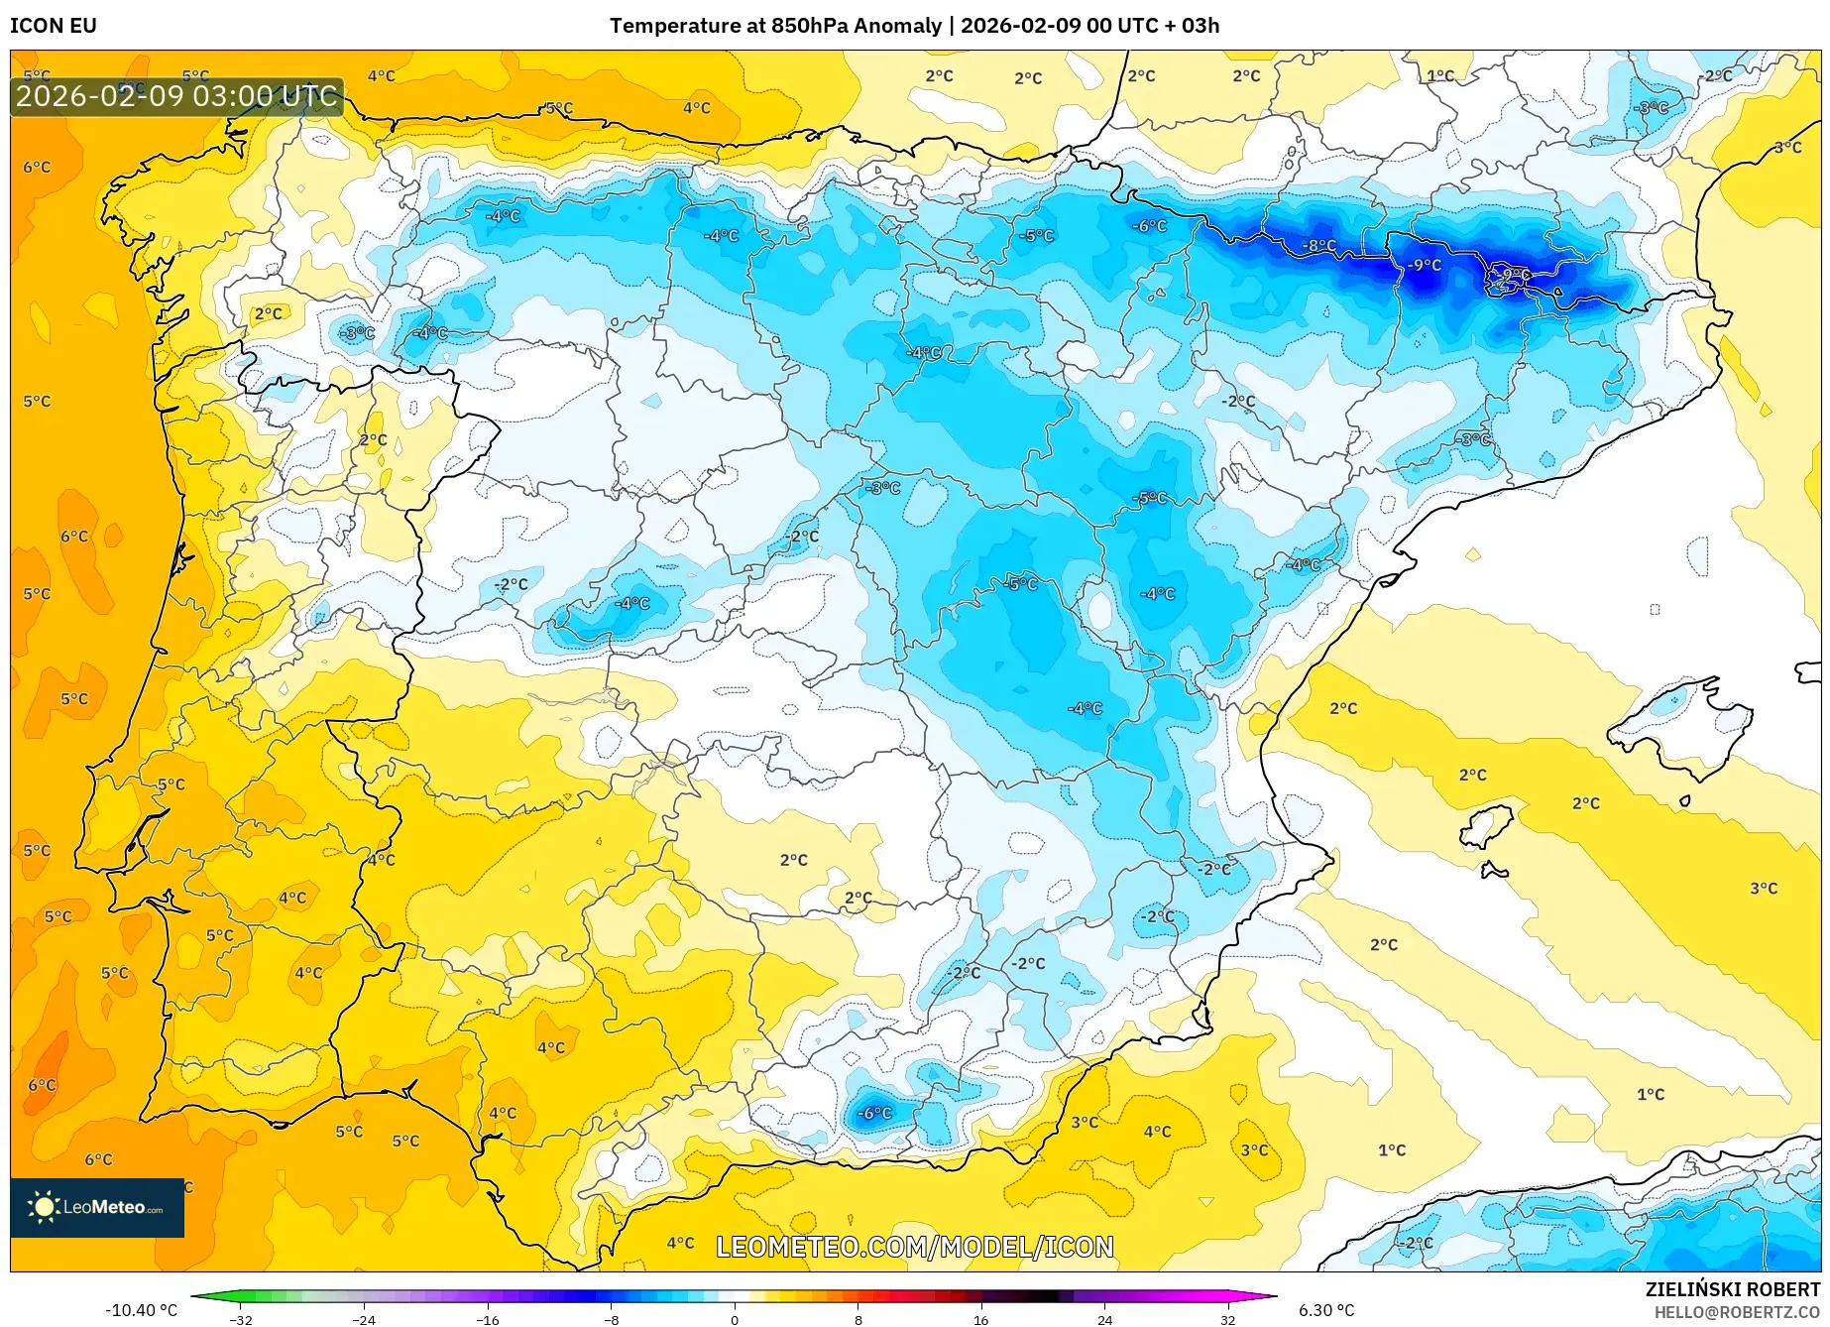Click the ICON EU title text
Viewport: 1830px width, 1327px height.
pyautogui.click(x=54, y=26)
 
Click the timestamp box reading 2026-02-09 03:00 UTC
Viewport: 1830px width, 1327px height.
pyautogui.click(x=176, y=96)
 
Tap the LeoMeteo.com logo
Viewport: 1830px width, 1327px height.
pyautogui.click(x=97, y=1207)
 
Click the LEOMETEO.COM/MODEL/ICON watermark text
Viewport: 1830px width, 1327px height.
pyautogui.click(x=914, y=1247)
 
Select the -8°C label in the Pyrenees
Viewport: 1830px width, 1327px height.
pyautogui.click(x=1319, y=245)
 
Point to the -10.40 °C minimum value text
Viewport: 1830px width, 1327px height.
pyautogui.click(x=142, y=1310)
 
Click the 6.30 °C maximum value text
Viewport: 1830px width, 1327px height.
pyautogui.click(x=1326, y=1310)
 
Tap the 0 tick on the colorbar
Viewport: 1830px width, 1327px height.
pyautogui.click(x=735, y=1319)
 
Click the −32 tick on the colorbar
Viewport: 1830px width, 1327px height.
pyautogui.click(x=241, y=1319)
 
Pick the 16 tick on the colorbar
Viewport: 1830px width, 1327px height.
pyautogui.click(x=980, y=1319)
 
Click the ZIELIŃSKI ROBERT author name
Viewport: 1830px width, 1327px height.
pyautogui.click(x=1732, y=1289)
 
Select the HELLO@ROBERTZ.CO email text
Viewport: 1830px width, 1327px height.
pyautogui.click(x=1736, y=1312)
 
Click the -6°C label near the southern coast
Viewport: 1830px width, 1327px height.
pyautogui.click(x=874, y=1113)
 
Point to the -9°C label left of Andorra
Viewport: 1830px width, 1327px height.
pyautogui.click(x=1425, y=265)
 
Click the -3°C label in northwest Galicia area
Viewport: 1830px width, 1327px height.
pyautogui.click(x=357, y=333)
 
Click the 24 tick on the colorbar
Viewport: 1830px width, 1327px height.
pyautogui.click(x=1104, y=1319)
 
